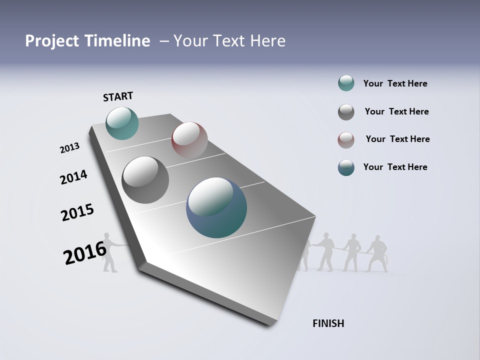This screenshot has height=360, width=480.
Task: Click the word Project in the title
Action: coord(51,41)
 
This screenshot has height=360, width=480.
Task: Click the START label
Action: coord(118,96)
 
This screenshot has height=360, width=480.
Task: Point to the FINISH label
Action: coord(328,323)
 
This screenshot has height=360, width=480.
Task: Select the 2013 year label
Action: coord(69,148)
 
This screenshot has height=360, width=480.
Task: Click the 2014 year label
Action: coord(73,177)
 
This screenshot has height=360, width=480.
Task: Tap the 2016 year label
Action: coord(85,253)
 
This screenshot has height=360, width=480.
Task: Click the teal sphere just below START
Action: coord(122,123)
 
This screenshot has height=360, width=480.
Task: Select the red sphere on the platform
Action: coord(189,140)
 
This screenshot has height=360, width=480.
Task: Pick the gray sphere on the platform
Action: coord(145,180)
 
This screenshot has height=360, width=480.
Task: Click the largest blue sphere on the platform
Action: coord(216,207)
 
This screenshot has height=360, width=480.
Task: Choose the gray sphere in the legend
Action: coord(346,112)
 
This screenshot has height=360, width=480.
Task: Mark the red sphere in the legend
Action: coord(346,140)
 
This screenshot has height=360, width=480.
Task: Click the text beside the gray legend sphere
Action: coord(396,111)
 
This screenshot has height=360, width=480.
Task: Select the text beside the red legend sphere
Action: coord(397,139)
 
